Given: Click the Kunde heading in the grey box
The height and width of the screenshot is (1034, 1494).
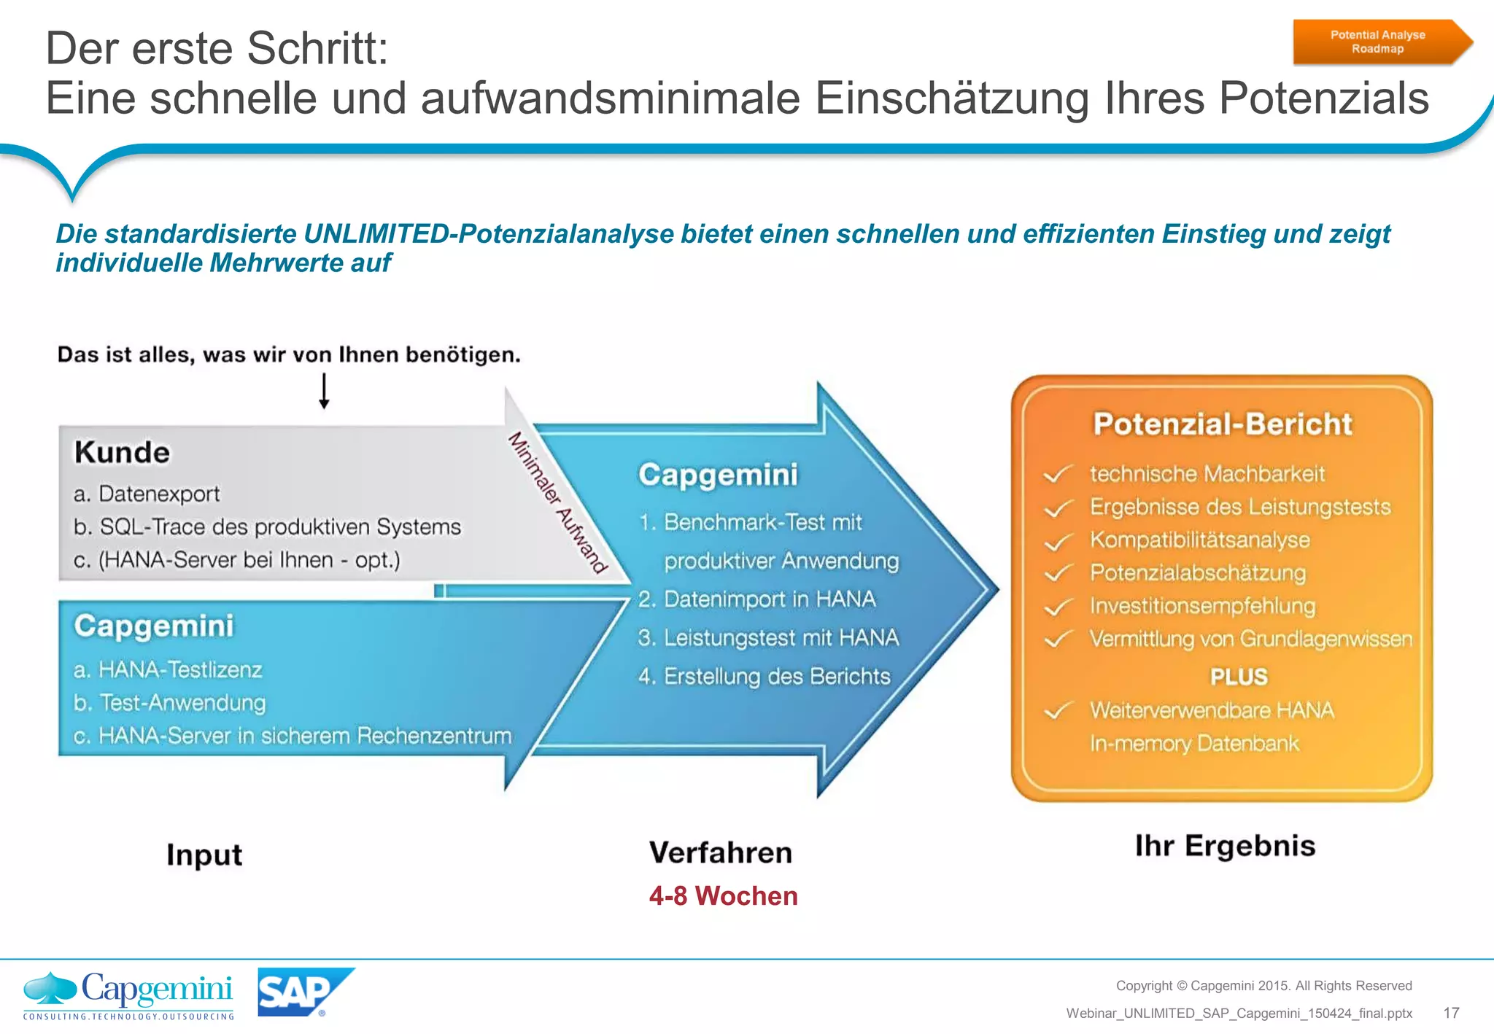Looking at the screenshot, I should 122,452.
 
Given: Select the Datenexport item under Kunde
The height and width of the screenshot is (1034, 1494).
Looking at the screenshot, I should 147,494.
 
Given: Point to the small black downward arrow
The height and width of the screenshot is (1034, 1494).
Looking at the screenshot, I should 325,392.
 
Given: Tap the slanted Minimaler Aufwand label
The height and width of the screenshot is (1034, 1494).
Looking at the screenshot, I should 557,503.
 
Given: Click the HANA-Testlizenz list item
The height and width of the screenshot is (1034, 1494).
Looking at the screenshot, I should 168,669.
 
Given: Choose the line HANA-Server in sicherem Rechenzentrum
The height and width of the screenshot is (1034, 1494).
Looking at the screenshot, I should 293,736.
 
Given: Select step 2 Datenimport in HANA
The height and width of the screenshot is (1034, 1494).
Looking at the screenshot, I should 756,599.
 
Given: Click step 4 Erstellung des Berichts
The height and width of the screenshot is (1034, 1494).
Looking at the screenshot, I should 764,677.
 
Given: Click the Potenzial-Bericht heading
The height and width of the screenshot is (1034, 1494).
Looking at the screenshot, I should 1223,424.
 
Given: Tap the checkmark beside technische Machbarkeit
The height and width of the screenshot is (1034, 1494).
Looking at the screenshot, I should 1057,475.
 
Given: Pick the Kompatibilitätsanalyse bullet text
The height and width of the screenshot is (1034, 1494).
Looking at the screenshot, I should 1199,540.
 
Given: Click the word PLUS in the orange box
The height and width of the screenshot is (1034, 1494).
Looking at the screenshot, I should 1239,677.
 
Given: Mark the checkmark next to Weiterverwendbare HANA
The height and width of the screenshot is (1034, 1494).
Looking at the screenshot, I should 1057,711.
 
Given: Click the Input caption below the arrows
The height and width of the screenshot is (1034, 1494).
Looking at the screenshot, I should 204,855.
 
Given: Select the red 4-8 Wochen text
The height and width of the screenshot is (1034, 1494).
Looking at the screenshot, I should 723,895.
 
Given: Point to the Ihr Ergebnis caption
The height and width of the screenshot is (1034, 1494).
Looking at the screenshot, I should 1225,846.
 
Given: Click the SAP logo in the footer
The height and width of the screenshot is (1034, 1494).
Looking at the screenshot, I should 303,992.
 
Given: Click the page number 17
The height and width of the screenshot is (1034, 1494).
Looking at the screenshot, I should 1451,1013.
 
